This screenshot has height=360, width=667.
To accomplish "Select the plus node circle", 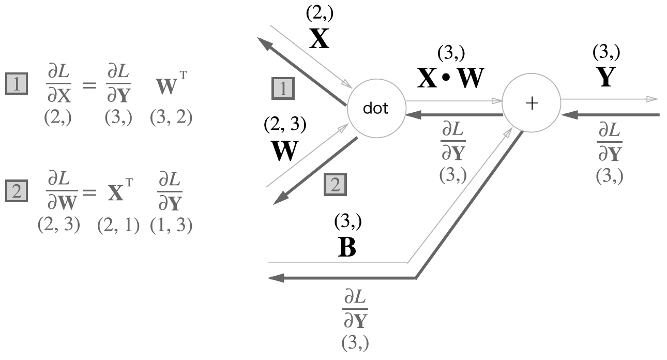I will pos(532,103).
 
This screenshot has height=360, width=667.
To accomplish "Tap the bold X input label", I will pos(319,39).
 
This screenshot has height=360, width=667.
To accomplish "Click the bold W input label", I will pos(284,151).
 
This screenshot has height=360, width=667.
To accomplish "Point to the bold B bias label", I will pos(346,248).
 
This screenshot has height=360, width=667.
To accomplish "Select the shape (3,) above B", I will pos(347,222).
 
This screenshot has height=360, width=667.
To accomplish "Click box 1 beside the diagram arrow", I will pos(283,89).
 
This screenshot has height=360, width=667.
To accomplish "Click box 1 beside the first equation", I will pos(17,84).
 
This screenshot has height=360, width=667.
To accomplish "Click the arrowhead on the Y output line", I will pos(653,99).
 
